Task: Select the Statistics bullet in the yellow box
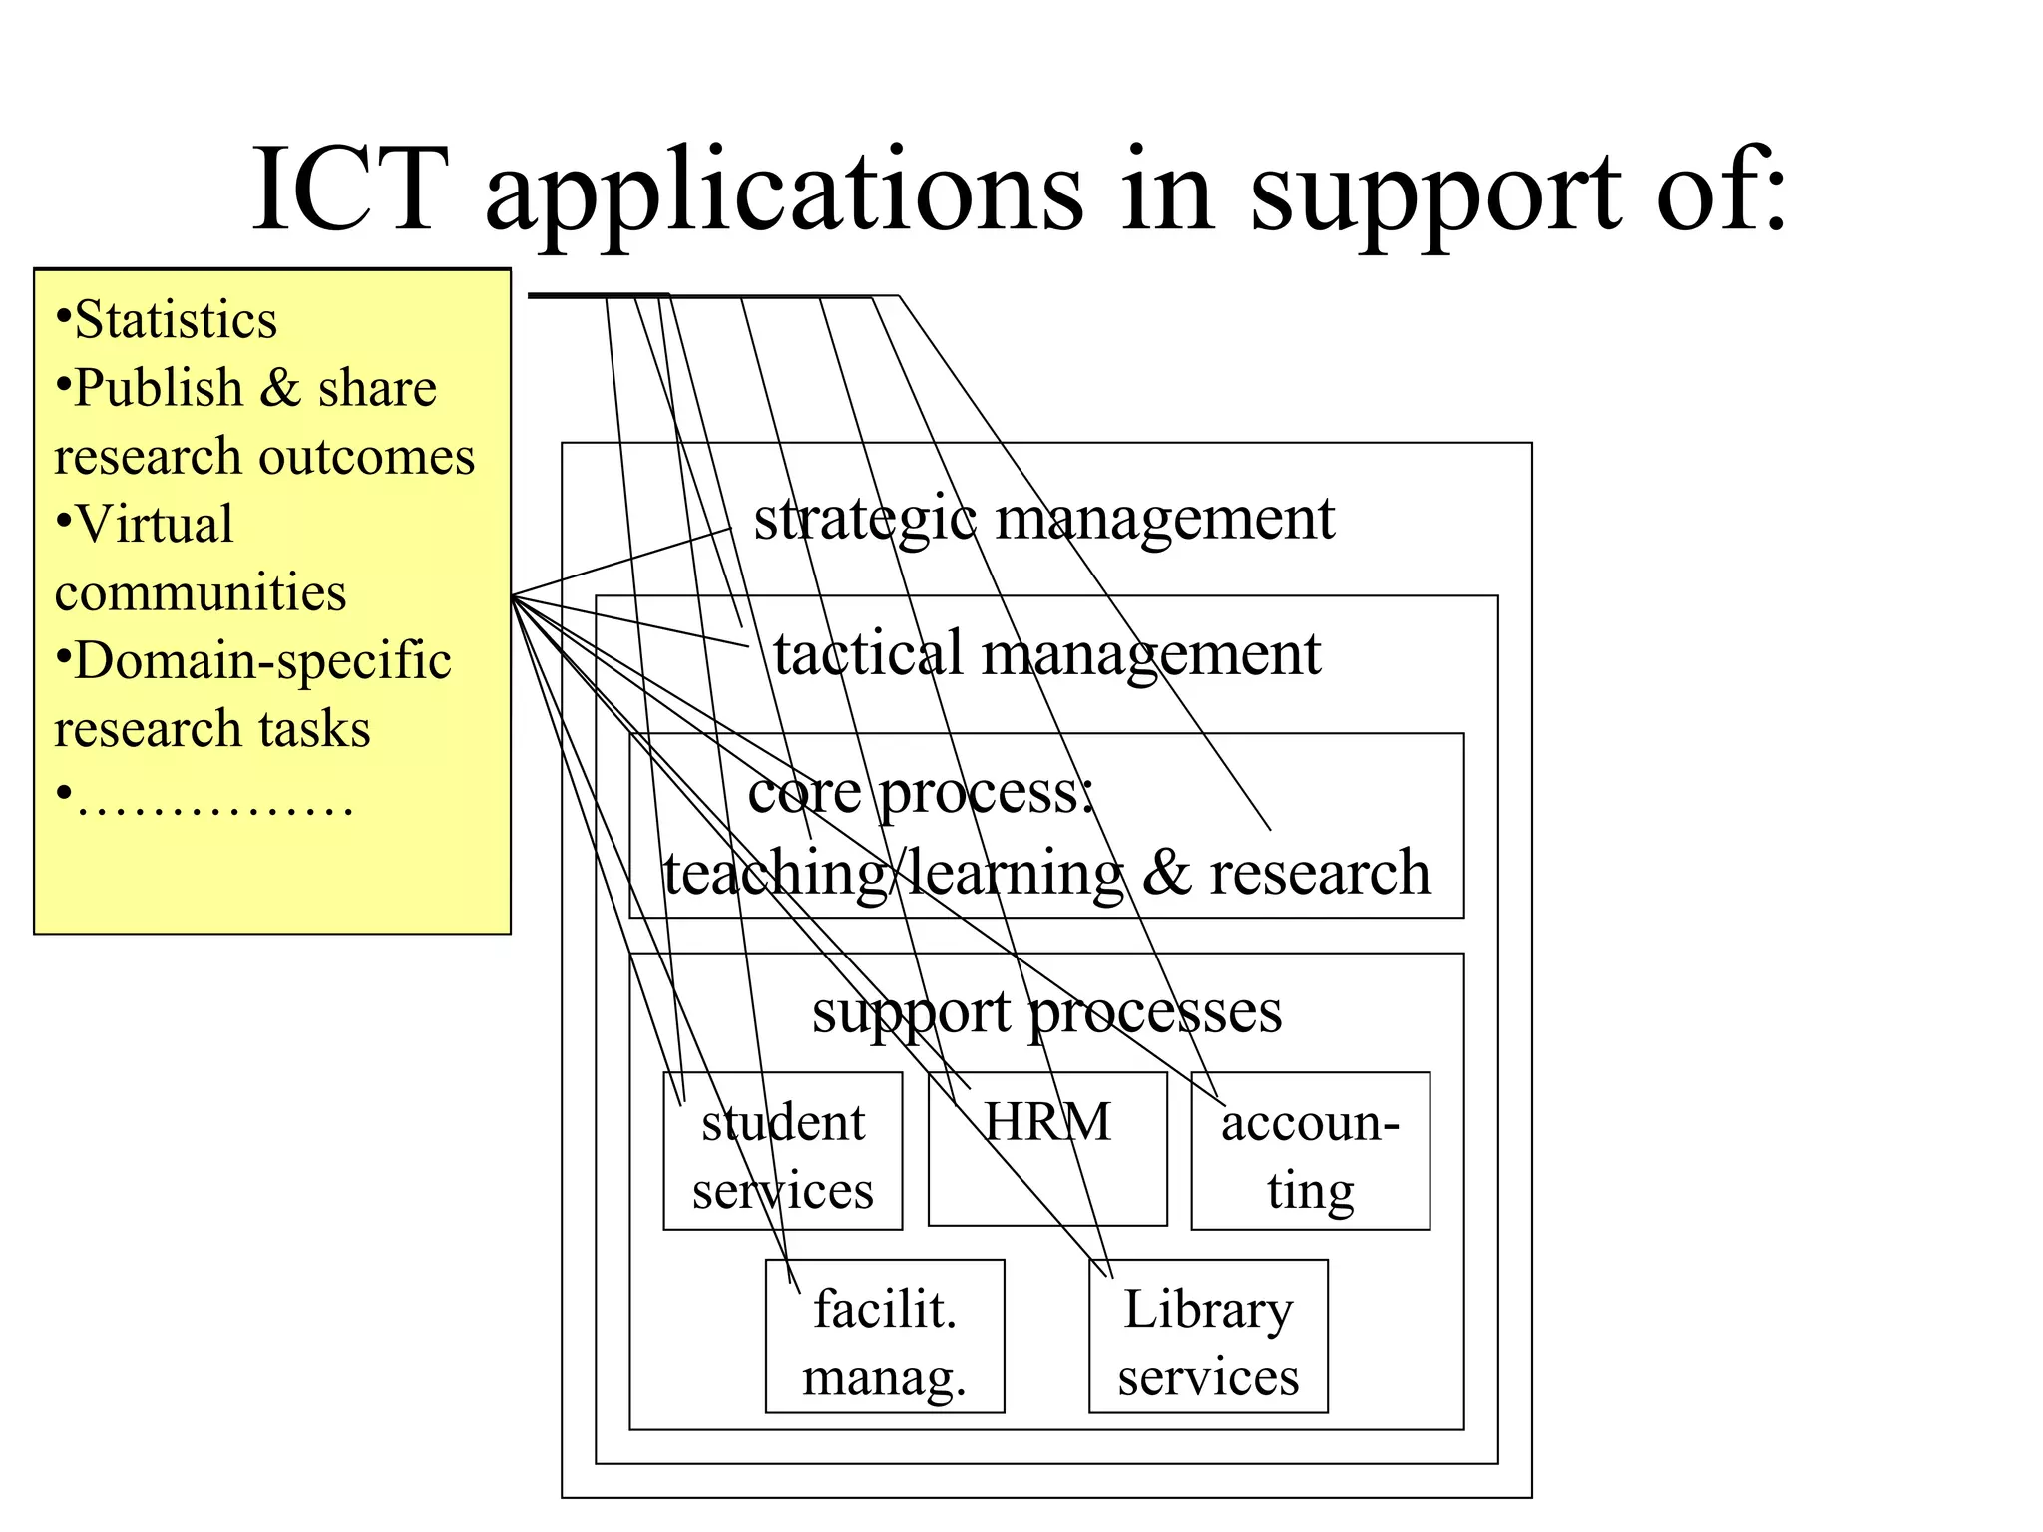click(175, 320)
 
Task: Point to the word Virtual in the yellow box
click(155, 525)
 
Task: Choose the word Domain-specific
click(262, 661)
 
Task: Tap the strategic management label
click(1043, 519)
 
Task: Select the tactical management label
click(1046, 654)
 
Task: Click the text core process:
click(921, 793)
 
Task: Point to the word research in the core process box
click(1319, 872)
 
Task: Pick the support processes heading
click(1046, 1012)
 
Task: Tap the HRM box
click(1047, 1149)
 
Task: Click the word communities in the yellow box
click(201, 592)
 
